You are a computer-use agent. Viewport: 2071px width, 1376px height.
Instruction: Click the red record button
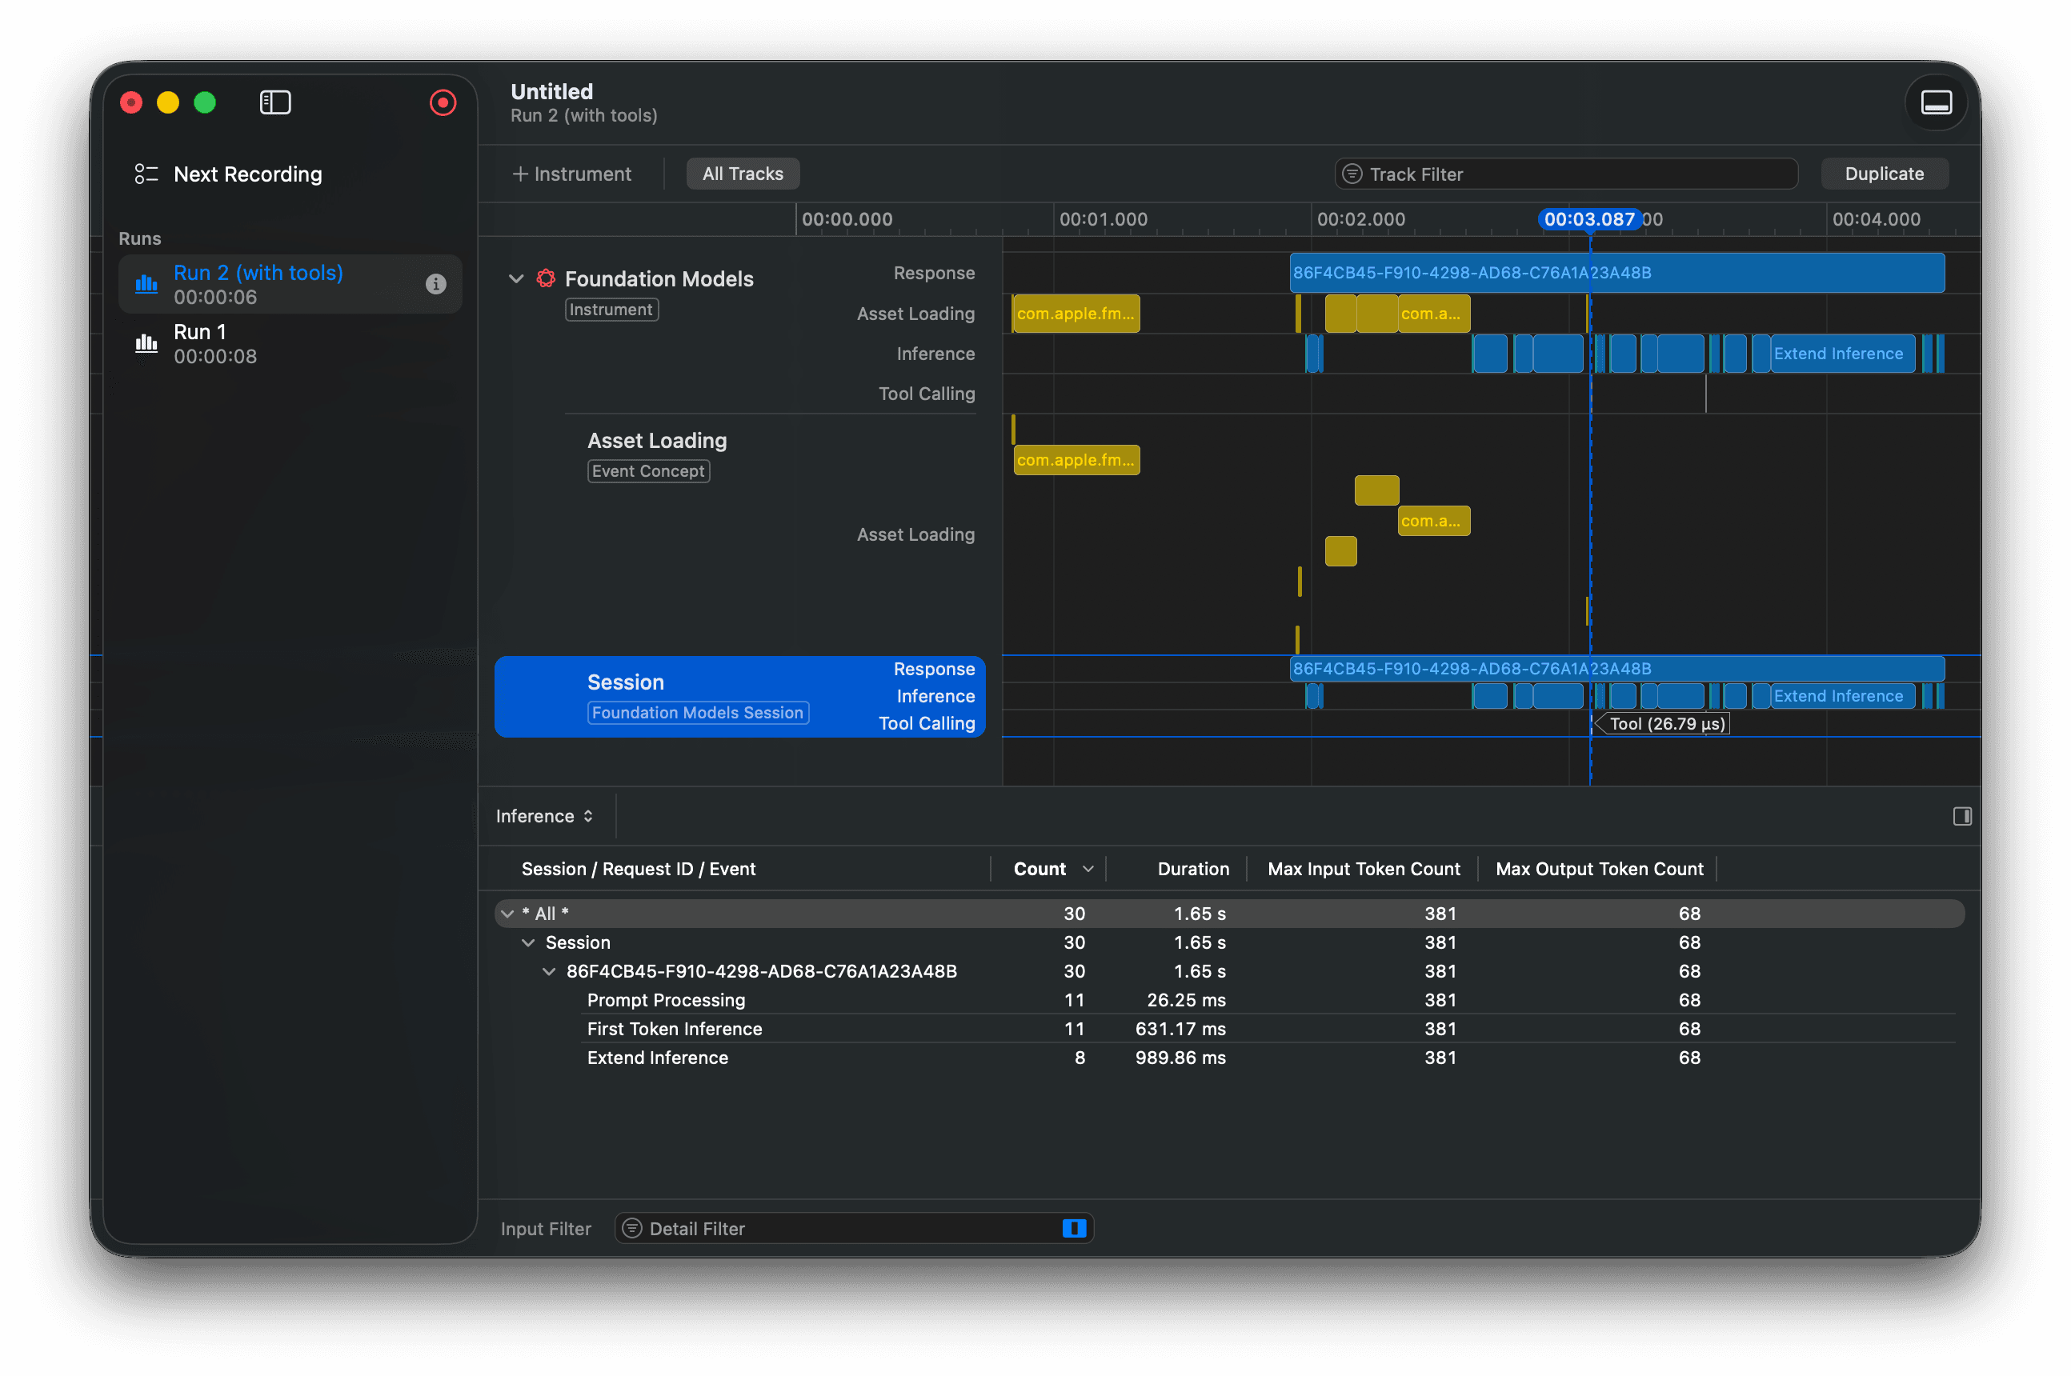pyautogui.click(x=443, y=102)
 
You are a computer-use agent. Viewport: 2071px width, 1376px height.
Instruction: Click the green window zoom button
pyautogui.click(x=205, y=102)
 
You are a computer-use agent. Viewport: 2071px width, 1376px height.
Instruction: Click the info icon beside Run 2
pyautogui.click(x=435, y=283)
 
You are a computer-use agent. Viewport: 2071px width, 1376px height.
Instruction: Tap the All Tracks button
pyautogui.click(x=743, y=174)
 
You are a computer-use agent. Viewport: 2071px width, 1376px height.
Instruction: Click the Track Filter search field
pyautogui.click(x=1565, y=174)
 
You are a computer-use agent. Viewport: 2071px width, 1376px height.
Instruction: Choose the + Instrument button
pyautogui.click(x=572, y=174)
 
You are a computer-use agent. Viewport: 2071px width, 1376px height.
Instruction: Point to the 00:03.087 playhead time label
pyautogui.click(x=1589, y=219)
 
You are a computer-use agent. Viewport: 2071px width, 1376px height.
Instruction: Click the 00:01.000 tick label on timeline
pyautogui.click(x=1103, y=219)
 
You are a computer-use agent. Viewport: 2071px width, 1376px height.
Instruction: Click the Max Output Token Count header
pyautogui.click(x=1599, y=869)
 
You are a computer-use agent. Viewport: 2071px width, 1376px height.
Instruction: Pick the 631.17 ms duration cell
pyautogui.click(x=1180, y=1029)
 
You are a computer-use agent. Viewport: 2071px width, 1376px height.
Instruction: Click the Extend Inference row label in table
pyautogui.click(x=657, y=1058)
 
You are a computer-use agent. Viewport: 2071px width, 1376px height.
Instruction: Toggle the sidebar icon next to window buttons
pyautogui.click(x=275, y=102)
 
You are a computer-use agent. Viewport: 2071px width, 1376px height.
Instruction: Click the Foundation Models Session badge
pyautogui.click(x=698, y=713)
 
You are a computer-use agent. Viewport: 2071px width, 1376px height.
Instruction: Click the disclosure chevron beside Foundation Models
pyautogui.click(x=516, y=279)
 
